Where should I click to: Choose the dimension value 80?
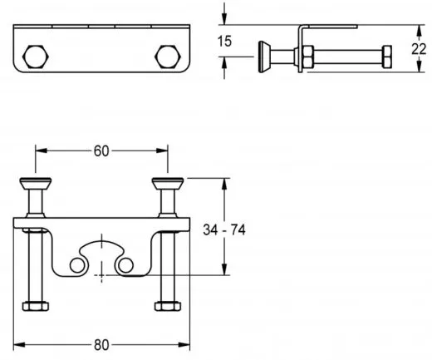click(x=102, y=341)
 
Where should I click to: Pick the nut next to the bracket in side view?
click(x=307, y=57)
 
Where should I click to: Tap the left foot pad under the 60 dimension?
click(x=36, y=183)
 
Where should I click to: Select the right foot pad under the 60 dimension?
click(x=167, y=183)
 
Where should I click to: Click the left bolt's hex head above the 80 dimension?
click(x=35, y=305)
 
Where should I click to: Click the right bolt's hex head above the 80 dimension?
click(x=167, y=305)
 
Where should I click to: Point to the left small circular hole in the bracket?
click(x=77, y=264)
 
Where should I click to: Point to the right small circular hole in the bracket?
click(x=126, y=264)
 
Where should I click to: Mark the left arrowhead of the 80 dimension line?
click(x=21, y=341)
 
